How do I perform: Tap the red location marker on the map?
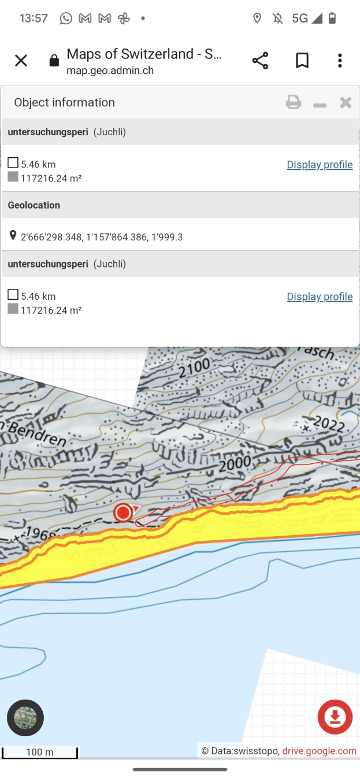[123, 512]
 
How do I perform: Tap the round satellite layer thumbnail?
[25, 718]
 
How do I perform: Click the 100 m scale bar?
[40, 752]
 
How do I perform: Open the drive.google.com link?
[319, 751]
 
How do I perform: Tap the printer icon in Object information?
[294, 103]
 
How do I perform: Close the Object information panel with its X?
[346, 103]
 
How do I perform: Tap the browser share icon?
[260, 61]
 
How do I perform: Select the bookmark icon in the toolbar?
[302, 61]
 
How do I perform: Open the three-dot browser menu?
[340, 61]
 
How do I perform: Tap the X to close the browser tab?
[21, 61]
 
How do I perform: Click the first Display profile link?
[320, 165]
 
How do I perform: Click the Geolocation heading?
[34, 205]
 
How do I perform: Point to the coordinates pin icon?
[13, 236]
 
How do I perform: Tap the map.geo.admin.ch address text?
[110, 71]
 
